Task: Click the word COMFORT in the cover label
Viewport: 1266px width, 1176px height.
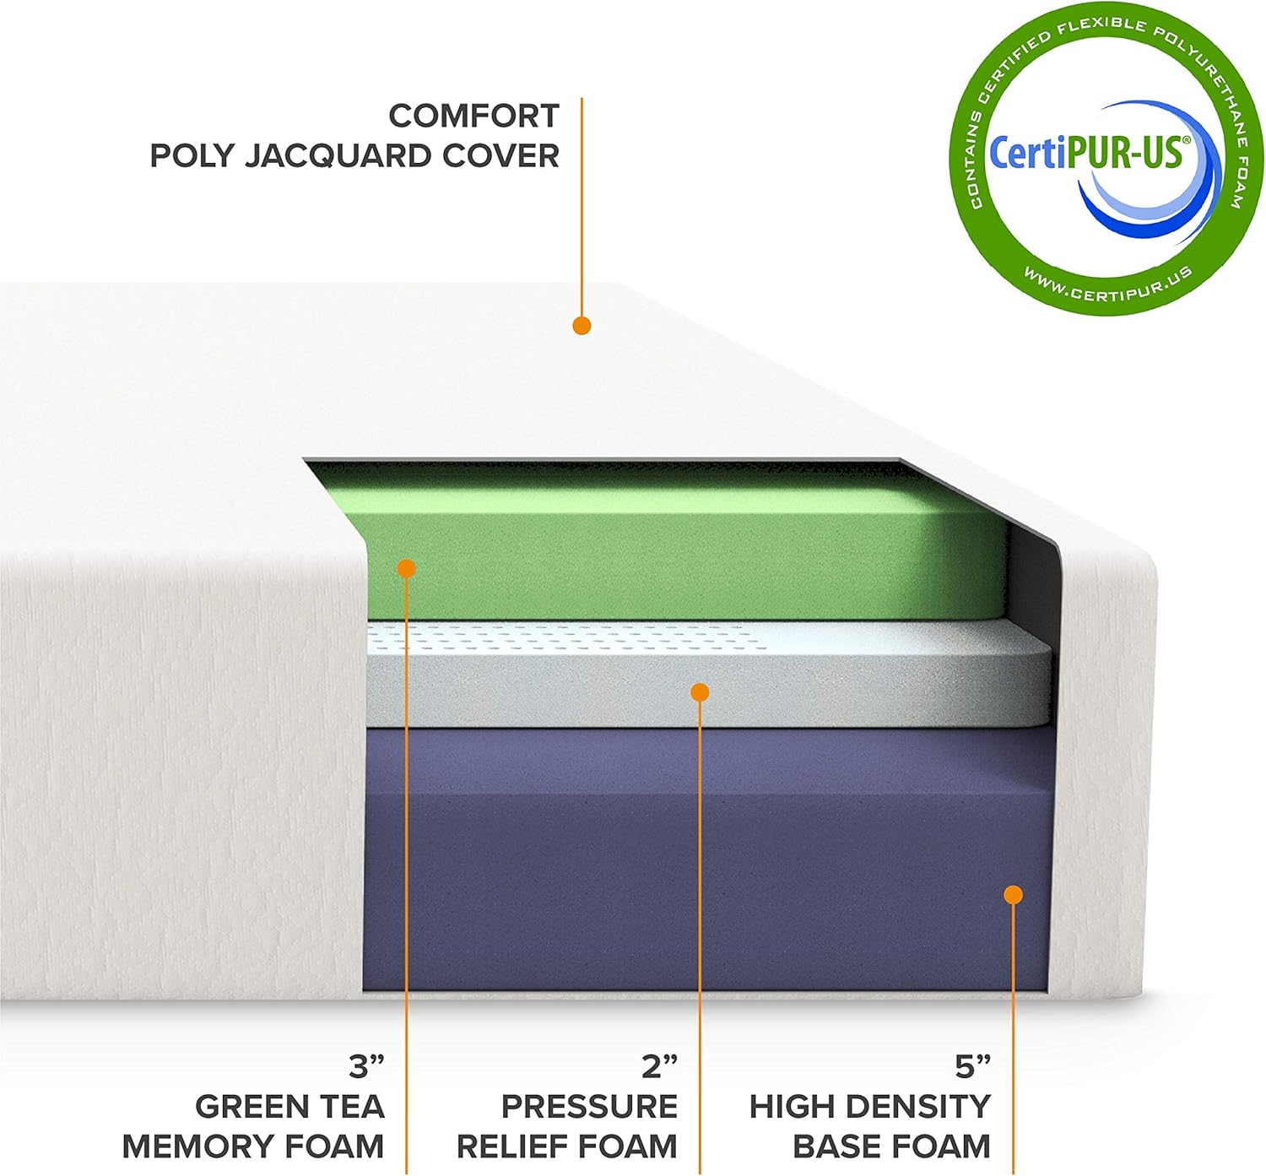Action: coord(473,116)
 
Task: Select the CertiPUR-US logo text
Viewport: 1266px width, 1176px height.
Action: coord(1090,154)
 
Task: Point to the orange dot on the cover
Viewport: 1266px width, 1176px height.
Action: coord(582,325)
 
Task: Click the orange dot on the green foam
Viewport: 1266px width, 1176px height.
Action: coord(407,567)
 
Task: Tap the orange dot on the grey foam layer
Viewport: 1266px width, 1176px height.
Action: coord(700,692)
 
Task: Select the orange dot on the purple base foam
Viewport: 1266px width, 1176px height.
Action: coord(1013,895)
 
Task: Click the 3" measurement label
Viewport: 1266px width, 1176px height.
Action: coord(367,1066)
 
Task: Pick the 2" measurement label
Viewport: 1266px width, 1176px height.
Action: coord(659,1066)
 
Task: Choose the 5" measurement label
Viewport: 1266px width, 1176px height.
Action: coord(972,1066)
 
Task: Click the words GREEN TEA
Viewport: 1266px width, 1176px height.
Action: coord(289,1106)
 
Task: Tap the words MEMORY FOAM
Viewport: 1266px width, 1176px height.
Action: coord(253,1146)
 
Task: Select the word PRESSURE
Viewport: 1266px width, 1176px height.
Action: coord(589,1106)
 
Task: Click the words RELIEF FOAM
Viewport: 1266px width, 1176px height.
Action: coord(566,1146)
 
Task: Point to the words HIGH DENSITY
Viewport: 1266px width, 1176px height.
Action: coord(869,1106)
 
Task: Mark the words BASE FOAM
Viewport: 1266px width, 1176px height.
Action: coord(891,1146)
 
